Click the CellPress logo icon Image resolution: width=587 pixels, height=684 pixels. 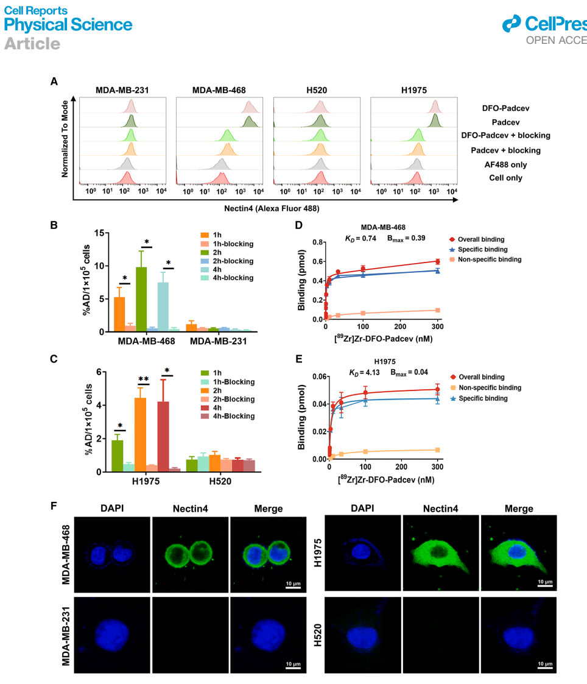tap(513, 24)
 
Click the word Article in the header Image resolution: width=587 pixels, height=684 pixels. tap(32, 44)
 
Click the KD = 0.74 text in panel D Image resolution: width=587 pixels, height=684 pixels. tap(356, 238)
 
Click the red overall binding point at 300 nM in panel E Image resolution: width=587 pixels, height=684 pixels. tap(437, 389)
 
